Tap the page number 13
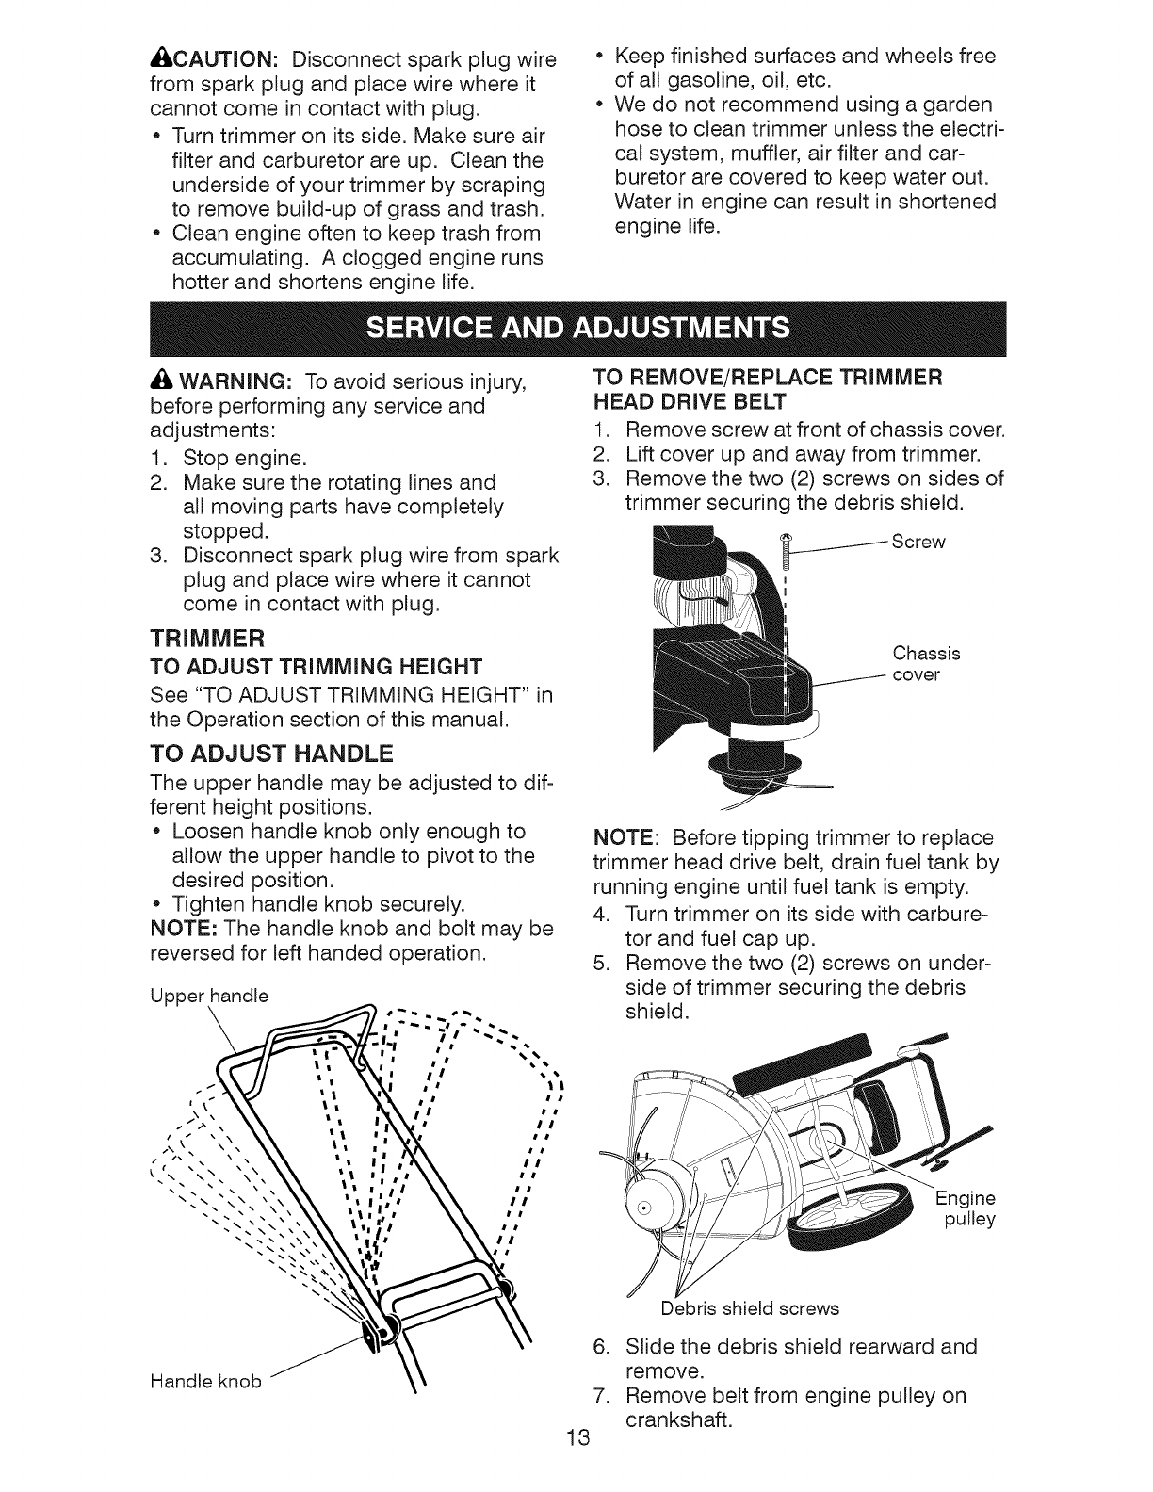(x=576, y=1464)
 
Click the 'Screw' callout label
(x=918, y=543)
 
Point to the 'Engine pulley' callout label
(x=964, y=1209)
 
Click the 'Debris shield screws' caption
(x=749, y=1307)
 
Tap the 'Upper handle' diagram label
(x=209, y=996)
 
